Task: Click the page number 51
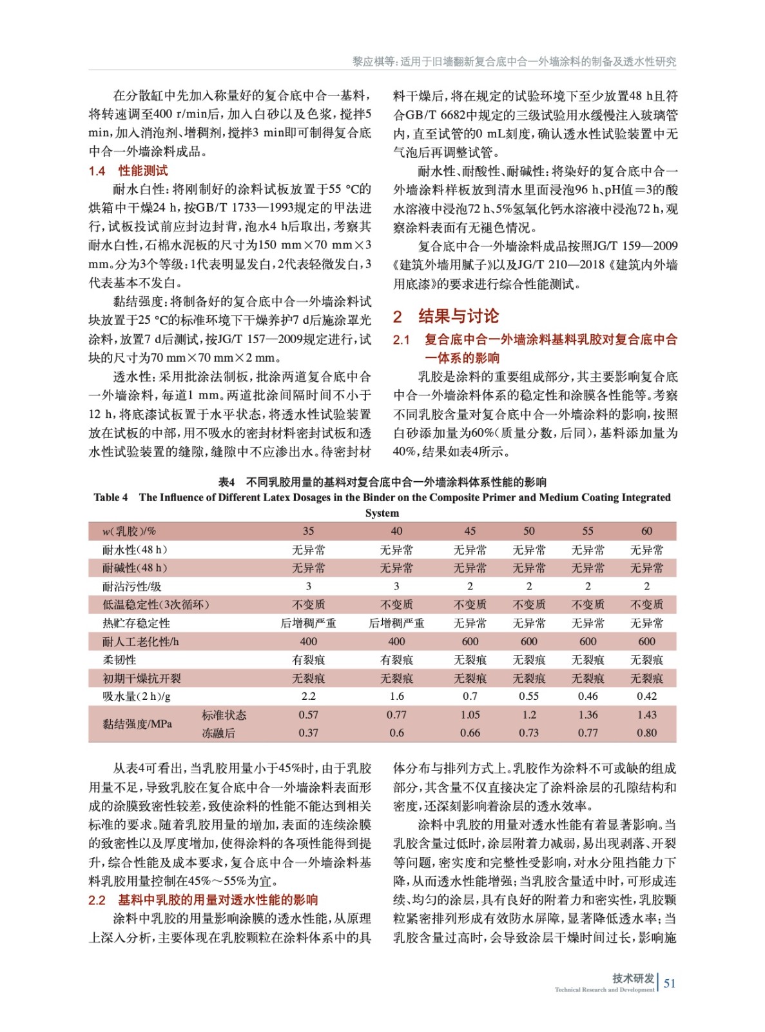[x=670, y=983]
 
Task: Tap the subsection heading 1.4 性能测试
[x=128, y=171]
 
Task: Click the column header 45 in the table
[x=470, y=531]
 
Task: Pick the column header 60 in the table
[x=646, y=531]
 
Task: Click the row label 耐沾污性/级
[x=132, y=586]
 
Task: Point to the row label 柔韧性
[x=120, y=660]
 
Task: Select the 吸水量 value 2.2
[x=308, y=697]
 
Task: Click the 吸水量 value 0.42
[x=646, y=697]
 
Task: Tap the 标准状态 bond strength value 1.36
[x=588, y=715]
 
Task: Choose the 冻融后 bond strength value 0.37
[x=308, y=733]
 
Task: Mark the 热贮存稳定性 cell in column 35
[x=308, y=623]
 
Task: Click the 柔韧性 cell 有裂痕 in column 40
[x=396, y=660]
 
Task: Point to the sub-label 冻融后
[x=218, y=733]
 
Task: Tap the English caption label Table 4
[x=111, y=497]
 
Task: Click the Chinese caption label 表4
[x=226, y=482]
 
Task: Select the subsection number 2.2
[x=97, y=900]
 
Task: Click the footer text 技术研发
[x=633, y=978]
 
